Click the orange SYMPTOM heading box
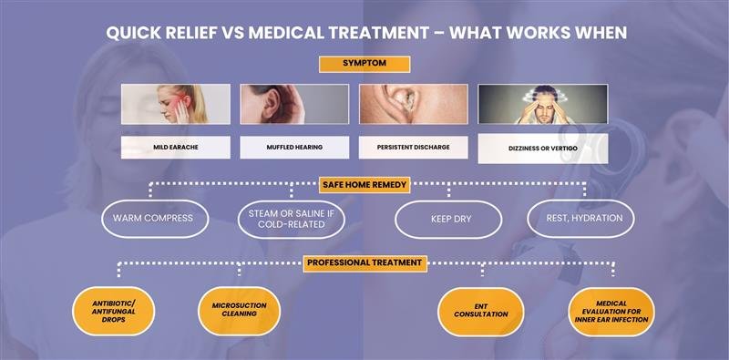[x=364, y=64]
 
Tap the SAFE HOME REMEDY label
[x=364, y=184]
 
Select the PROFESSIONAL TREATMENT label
[x=364, y=262]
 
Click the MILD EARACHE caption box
[x=175, y=146]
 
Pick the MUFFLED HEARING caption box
[x=294, y=146]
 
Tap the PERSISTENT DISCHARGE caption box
[x=413, y=146]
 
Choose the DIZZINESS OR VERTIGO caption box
[x=542, y=148]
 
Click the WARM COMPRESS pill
[x=155, y=219]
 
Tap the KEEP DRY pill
[x=447, y=219]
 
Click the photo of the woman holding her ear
[x=175, y=104]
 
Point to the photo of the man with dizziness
[x=542, y=104]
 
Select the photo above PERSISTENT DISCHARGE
[x=413, y=104]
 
